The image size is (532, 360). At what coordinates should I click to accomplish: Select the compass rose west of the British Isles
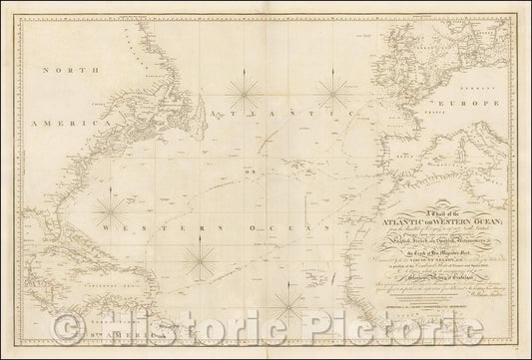pos(332,93)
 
